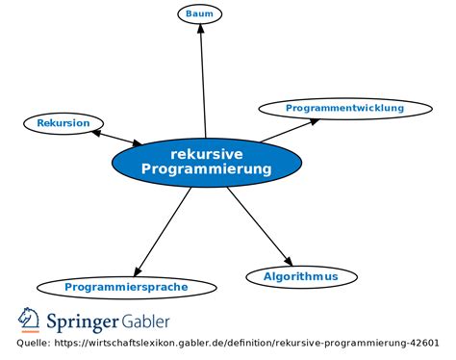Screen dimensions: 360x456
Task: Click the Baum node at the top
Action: point(199,13)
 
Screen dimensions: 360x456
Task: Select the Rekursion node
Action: point(63,123)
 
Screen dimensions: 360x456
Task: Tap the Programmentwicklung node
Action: point(344,109)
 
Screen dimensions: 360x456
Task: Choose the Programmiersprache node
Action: point(126,287)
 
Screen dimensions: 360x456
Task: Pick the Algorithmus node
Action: point(301,277)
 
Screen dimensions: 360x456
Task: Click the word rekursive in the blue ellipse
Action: point(206,153)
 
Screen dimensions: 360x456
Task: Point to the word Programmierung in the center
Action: point(206,169)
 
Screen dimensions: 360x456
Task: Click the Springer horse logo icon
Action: point(28,320)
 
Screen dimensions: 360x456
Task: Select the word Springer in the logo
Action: point(81,320)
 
